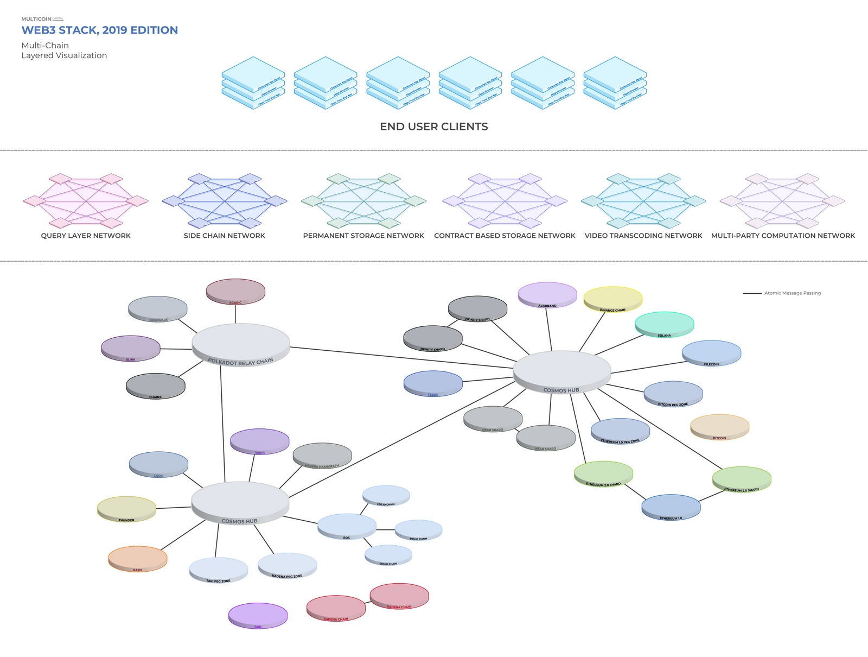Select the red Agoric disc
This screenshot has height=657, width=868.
[x=235, y=291]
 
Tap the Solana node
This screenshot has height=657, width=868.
[x=665, y=324]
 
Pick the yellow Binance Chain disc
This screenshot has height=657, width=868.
[x=613, y=299]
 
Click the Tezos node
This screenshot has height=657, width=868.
[x=433, y=383]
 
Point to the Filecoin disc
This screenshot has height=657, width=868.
[x=711, y=352]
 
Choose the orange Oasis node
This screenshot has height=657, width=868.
[x=138, y=558]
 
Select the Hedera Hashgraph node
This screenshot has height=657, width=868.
[x=322, y=454]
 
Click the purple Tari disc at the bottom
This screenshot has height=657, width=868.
[x=258, y=615]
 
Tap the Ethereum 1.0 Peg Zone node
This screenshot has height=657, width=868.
[x=620, y=430]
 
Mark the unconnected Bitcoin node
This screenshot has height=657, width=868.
[x=719, y=426]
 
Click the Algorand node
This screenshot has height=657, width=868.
[x=547, y=294]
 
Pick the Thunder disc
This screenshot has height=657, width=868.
[x=126, y=508]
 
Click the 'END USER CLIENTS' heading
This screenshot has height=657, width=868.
[x=434, y=127]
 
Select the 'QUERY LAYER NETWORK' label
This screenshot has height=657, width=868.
[x=86, y=236]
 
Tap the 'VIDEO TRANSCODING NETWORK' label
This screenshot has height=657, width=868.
[x=643, y=236]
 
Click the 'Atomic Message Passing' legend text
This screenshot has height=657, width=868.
[x=792, y=293]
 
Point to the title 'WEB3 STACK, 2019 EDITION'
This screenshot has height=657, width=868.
[x=100, y=30]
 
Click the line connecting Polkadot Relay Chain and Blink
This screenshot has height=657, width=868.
[x=176, y=349]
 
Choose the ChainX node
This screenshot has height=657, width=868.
[x=156, y=386]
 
